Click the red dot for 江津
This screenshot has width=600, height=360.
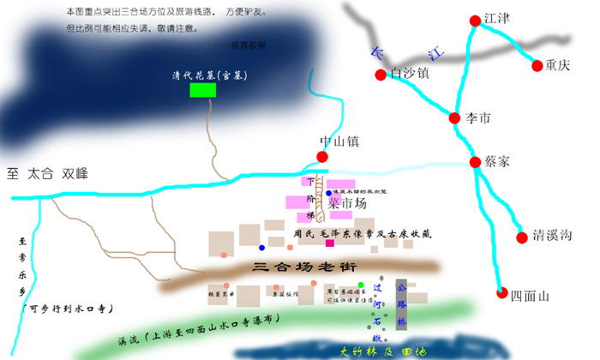(476, 21)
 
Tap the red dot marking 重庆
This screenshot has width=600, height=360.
(538, 65)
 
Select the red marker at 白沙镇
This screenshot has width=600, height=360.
(381, 75)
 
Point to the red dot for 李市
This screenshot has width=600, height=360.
(455, 117)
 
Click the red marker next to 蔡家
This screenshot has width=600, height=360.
(476, 162)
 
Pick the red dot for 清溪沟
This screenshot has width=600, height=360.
(520, 237)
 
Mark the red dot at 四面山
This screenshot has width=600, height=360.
(501, 293)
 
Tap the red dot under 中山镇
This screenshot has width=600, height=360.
(322, 157)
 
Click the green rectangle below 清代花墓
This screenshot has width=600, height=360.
(203, 91)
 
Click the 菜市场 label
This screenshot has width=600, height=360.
(346, 203)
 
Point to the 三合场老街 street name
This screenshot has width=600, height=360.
(304, 267)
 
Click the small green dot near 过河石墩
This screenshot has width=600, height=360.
(361, 285)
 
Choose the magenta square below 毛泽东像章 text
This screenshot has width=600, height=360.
(329, 243)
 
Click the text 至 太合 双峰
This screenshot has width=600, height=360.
(48, 173)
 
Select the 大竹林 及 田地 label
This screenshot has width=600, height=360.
(378, 350)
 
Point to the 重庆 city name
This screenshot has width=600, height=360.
(562, 66)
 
